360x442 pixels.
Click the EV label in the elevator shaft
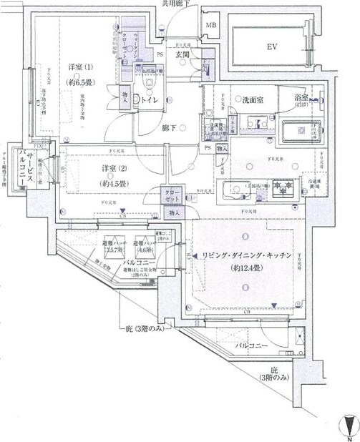tap(271, 46)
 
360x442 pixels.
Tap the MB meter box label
tap(211, 26)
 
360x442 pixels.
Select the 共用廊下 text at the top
tap(176, 4)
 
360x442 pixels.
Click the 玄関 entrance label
tap(183, 54)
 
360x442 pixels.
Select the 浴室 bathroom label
tap(302, 99)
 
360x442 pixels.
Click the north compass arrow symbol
tap(348, 424)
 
